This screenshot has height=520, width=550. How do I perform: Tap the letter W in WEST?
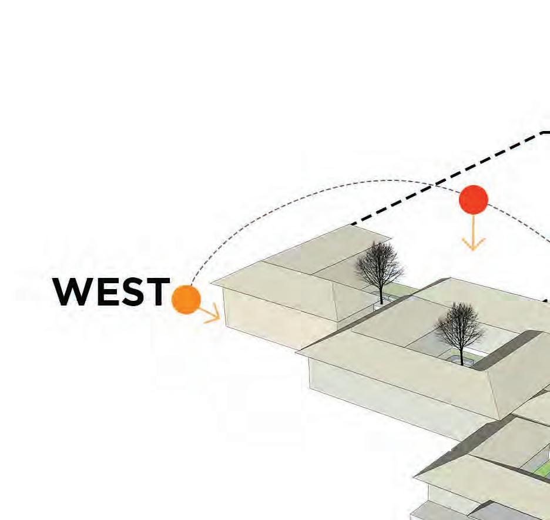72,291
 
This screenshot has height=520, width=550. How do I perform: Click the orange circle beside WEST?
186,299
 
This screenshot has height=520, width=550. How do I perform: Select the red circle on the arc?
474,200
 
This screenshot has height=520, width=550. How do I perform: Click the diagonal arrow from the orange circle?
209,313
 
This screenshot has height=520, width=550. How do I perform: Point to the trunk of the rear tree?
381,294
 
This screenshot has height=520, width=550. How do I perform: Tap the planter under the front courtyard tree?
461,360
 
